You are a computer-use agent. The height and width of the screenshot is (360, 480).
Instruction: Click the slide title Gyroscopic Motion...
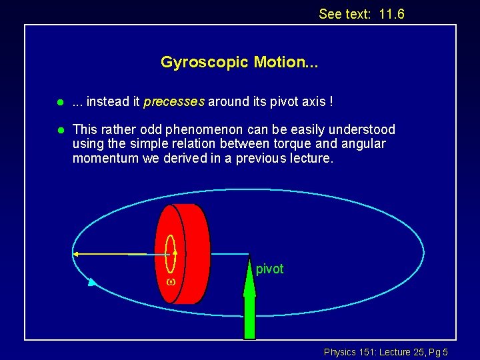click(239, 63)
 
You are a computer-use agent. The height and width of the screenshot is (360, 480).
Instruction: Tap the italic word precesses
click(174, 102)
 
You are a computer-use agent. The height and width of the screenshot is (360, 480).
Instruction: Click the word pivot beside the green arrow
click(269, 269)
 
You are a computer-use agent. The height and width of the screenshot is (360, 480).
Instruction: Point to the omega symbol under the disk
click(170, 282)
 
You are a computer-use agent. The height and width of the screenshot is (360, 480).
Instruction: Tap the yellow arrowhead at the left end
click(77, 254)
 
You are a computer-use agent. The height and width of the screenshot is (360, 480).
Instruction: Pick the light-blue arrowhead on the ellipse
click(92, 283)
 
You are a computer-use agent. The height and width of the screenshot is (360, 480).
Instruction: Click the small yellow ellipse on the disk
click(170, 253)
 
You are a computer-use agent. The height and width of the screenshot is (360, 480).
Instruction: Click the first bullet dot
click(59, 103)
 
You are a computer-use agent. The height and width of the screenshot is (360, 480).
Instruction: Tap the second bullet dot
click(59, 130)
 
